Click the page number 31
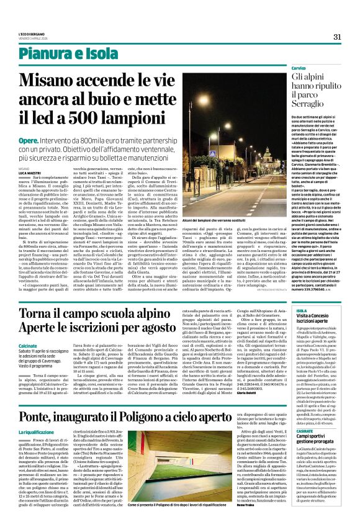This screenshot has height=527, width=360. point(338,37)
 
